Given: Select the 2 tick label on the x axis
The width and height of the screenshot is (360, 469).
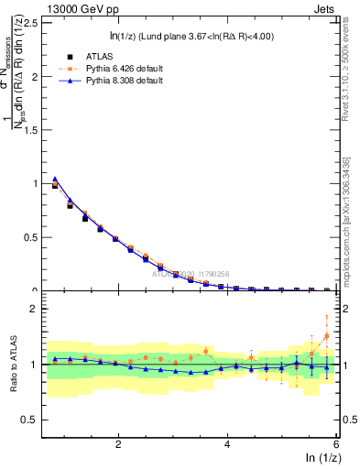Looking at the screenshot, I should tap(118, 444).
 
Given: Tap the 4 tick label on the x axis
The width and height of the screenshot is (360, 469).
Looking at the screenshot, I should tap(227, 444).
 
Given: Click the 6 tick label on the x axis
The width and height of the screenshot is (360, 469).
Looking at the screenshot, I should tap(336, 444).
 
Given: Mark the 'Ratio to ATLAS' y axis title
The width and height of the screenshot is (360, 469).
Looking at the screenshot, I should tap(12, 364).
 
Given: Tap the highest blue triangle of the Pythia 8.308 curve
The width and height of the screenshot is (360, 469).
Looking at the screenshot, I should tap(55, 179).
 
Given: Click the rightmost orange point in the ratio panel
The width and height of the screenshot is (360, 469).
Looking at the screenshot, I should tap(326, 335).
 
